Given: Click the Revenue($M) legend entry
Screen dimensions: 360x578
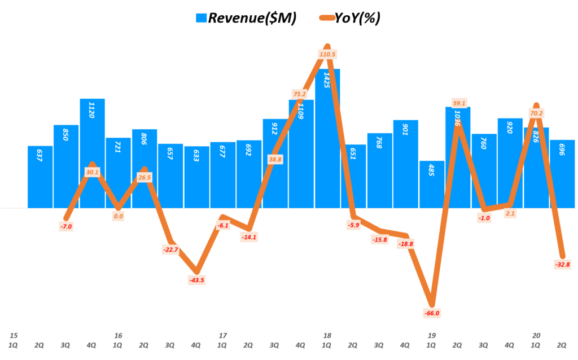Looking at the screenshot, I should (x=246, y=17).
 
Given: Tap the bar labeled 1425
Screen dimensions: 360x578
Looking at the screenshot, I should (x=327, y=138).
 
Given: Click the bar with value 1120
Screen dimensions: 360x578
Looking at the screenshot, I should (x=93, y=153).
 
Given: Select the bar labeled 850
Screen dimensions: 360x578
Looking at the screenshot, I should (x=66, y=166).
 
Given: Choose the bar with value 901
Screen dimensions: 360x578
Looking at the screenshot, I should (x=406, y=164).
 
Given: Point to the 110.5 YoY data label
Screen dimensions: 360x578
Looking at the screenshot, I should (x=327, y=54).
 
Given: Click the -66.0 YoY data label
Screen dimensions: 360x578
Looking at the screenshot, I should (x=432, y=313).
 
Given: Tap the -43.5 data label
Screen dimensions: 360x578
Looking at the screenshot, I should (x=196, y=280).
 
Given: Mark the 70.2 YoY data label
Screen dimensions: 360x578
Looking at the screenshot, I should (x=537, y=113).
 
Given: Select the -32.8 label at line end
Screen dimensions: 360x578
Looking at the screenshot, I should (x=563, y=264).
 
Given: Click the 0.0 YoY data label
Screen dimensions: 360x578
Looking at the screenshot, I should (x=118, y=216).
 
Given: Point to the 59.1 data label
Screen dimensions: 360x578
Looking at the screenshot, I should (x=458, y=103).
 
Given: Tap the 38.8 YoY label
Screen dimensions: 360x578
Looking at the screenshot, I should (x=275, y=160).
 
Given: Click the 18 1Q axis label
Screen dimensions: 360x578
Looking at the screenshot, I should (x=327, y=340).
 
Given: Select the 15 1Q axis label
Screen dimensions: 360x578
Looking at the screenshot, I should (x=14, y=340).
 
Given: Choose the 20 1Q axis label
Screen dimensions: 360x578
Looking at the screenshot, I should (x=537, y=340).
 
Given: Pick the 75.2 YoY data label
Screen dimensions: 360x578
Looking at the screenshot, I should (x=299, y=94).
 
